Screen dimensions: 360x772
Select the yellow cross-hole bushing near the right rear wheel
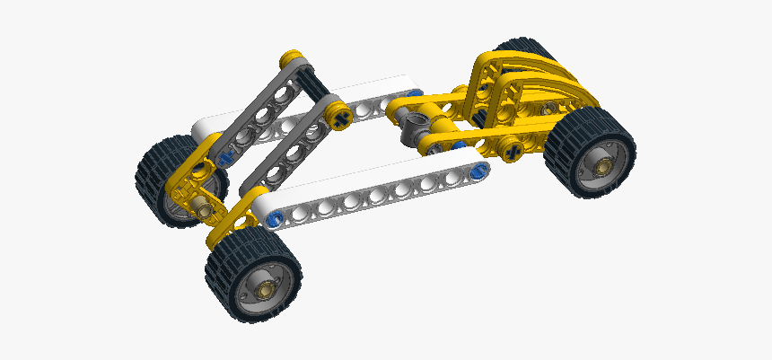(x=513, y=150)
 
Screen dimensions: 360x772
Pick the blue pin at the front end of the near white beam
(x=274, y=215)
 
